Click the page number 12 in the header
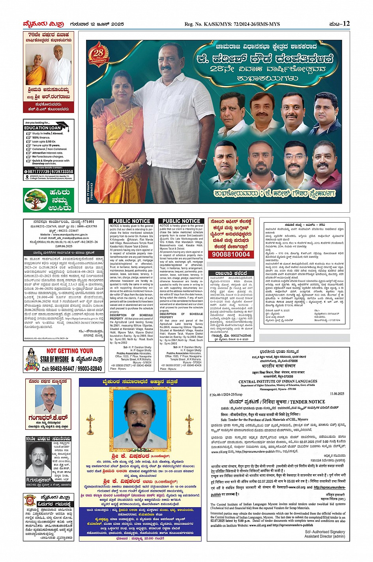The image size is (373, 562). point(346,24)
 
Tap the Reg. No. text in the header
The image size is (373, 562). point(232,24)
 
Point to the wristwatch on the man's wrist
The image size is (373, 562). point(202,161)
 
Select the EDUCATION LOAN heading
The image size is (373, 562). point(43,128)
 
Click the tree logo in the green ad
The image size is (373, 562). point(36,200)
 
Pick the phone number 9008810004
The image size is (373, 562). point(231,255)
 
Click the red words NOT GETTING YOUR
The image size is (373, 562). point(70,351)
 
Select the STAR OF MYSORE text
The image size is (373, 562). point(54,360)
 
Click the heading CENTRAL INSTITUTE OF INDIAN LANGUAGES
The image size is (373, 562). point(277,382)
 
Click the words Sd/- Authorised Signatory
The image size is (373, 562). point(324,532)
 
